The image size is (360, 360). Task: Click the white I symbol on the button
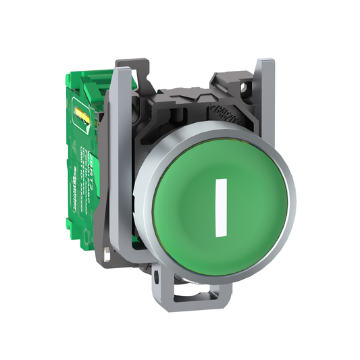pos(217,207)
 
